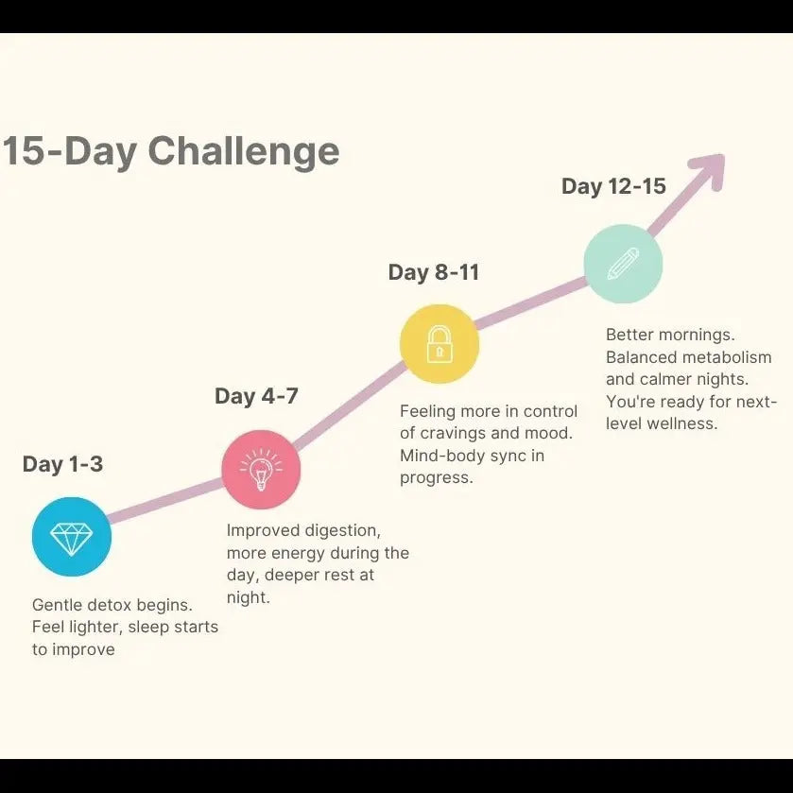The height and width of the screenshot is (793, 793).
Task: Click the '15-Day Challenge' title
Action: (x=170, y=151)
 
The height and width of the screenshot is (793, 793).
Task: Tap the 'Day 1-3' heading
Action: (x=62, y=464)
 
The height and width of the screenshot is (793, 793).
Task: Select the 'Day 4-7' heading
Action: (x=256, y=396)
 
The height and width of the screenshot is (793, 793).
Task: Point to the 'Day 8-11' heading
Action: (x=434, y=273)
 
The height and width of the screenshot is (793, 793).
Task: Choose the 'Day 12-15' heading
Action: (x=613, y=186)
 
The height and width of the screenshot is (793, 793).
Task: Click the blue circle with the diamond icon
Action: (x=72, y=538)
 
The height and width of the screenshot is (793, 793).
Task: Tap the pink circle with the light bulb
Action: (x=261, y=469)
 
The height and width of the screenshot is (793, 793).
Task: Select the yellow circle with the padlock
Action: (x=440, y=344)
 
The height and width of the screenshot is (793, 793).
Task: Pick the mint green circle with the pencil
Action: (x=623, y=264)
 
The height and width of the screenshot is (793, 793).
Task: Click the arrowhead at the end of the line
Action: (x=709, y=169)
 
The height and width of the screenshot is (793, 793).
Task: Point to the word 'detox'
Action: (x=113, y=605)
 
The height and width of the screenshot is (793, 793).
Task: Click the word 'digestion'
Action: (x=341, y=531)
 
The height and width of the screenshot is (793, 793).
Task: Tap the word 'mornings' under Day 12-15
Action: (x=700, y=336)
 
